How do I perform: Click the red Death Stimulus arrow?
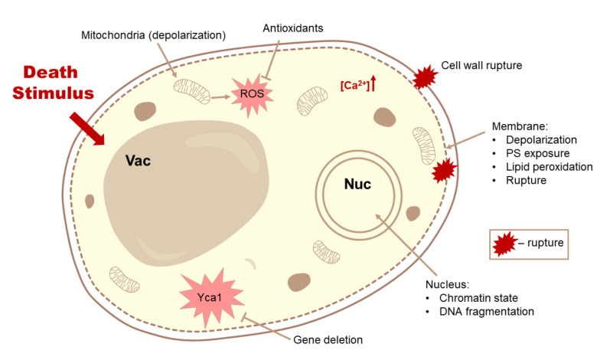point(85,127)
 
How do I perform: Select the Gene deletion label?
point(328,339)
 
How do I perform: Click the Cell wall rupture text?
point(481,66)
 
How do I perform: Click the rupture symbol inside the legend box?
point(504,244)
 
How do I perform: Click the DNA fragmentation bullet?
point(484,312)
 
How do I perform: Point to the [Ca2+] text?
point(354,86)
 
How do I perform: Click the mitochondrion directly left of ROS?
point(188,93)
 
